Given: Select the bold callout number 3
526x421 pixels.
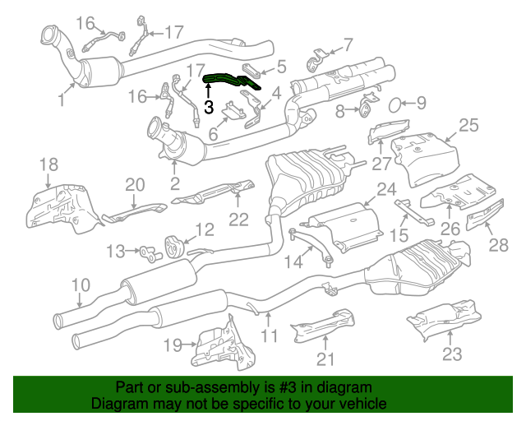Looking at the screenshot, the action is pos(209,107).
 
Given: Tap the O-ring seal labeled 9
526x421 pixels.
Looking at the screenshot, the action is pos(395,105).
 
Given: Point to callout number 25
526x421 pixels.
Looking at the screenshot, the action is pos(468,125).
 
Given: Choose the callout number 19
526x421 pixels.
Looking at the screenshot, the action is pos(173,345).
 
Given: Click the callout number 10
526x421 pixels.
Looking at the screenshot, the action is pos(81,285).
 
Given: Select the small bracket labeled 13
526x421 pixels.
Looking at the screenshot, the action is pos(150,252).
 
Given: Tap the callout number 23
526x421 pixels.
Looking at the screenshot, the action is pos(452,354).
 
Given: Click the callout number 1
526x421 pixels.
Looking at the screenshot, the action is pos(61,99).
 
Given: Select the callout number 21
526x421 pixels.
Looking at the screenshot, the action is pos(325,359).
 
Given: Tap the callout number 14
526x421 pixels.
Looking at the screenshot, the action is pos(293,261).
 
